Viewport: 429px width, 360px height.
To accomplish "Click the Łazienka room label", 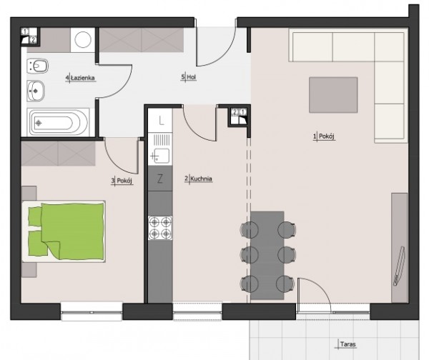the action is tap(83, 78).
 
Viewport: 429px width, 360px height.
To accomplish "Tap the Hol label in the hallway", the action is tap(192, 77).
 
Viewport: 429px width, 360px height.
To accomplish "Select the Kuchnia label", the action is tap(202, 179).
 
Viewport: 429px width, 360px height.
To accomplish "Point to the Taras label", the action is tap(348, 344).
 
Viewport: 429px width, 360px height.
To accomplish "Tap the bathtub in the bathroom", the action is tap(58, 123).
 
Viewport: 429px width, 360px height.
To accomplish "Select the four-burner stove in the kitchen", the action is tap(160, 228).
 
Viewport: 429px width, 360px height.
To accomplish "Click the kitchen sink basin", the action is tap(162, 156).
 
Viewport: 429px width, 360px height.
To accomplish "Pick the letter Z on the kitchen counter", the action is tap(160, 179).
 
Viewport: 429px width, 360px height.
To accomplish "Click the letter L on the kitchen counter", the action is tap(161, 121).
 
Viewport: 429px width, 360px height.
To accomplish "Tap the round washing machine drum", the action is tap(83, 39).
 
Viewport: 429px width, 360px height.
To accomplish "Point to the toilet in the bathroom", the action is tap(37, 66).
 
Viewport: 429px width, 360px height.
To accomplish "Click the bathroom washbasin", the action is tap(36, 91).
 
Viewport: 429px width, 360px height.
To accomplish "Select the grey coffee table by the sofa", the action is tap(333, 95).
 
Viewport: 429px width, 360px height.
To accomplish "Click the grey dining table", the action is tap(267, 255).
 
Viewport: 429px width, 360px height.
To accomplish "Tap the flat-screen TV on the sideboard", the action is tap(399, 266).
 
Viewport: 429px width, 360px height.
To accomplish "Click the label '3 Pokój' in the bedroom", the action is tap(122, 181).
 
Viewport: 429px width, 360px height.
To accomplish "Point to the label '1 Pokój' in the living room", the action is tap(324, 136).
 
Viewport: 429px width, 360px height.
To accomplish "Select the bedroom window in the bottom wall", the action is tap(92, 311).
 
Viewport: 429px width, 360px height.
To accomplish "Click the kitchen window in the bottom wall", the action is tap(197, 311).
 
